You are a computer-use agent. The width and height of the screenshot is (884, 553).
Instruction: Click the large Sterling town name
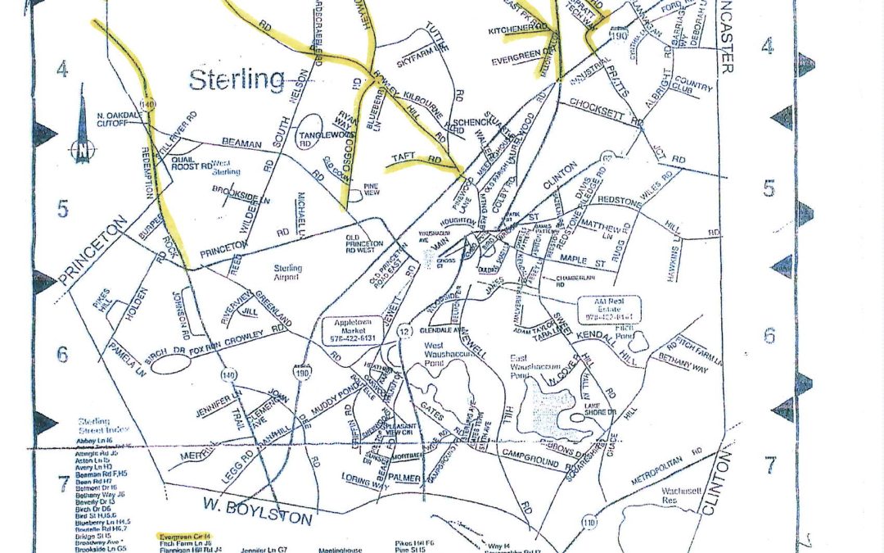coord(237,80)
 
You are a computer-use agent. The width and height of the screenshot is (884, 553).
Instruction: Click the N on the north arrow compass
coord(82,151)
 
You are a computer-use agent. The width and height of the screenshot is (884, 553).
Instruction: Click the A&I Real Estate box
coord(609,308)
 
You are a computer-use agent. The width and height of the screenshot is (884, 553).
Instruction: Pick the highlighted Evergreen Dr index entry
coord(185,533)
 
